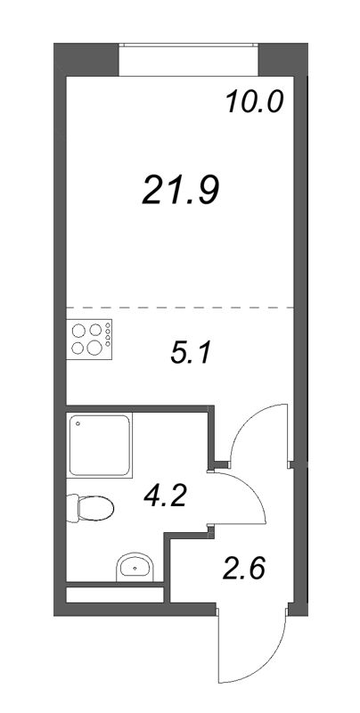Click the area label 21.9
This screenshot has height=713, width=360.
tap(181, 190)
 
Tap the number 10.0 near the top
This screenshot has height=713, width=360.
tap(254, 102)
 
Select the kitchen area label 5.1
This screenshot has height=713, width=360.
tap(191, 352)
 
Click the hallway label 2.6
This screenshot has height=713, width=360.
tap(243, 569)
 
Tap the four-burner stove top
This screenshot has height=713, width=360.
tap(89, 340)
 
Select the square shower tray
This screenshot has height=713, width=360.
tap(100, 445)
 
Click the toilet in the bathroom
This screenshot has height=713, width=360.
tap(90, 508)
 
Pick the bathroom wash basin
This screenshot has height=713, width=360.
tap(135, 567)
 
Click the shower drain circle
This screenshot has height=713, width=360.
tap(78, 424)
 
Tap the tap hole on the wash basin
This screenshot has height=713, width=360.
tap(135, 568)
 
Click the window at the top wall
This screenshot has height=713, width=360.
tap(189, 59)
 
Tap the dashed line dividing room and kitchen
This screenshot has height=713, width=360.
tap(180, 307)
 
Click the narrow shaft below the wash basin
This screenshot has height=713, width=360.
tap(115, 594)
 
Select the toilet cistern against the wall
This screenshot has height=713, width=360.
tap(73, 508)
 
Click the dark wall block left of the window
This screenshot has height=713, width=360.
tap(86, 59)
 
